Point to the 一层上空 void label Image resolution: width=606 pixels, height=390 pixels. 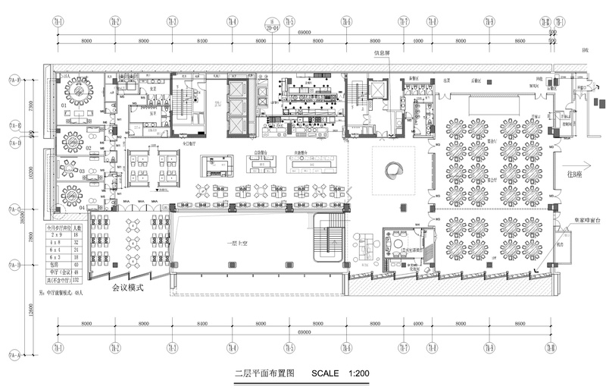(x=240, y=243)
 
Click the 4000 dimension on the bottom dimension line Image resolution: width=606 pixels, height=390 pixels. (x=417, y=324)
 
